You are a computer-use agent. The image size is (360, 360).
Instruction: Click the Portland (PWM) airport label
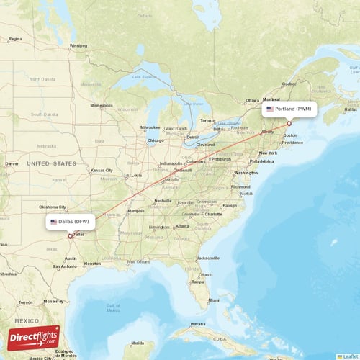pyautogui.click(x=289, y=109)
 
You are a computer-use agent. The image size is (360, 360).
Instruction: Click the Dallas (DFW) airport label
pyautogui.click(x=70, y=221)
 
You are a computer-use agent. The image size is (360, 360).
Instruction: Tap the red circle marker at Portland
pyautogui.click(x=289, y=123)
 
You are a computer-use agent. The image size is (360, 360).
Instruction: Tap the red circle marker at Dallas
pyautogui.click(x=70, y=235)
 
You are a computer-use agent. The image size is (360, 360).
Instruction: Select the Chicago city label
pyautogui.click(x=156, y=140)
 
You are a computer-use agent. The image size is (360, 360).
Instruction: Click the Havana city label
pyautogui.click(x=197, y=324)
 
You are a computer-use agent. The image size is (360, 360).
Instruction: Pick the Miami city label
pyautogui.click(x=214, y=300)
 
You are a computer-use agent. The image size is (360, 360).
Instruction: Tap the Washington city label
pyautogui.click(x=246, y=173)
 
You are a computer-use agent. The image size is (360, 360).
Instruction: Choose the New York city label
pyautogui.click(x=268, y=153)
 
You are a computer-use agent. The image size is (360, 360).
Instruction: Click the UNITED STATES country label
pyautogui.click(x=51, y=163)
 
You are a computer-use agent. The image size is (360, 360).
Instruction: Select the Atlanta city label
pyautogui.click(x=182, y=226)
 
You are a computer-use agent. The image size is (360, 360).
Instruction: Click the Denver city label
pyautogui.click(x=12, y=163)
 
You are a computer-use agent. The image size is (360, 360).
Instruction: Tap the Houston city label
pyautogui.click(x=92, y=264)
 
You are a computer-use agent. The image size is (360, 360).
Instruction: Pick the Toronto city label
pyautogui.click(x=207, y=120)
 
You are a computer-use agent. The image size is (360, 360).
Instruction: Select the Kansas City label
pyautogui.click(x=102, y=171)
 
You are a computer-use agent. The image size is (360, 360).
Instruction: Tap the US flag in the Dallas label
pyautogui.click(x=53, y=222)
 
